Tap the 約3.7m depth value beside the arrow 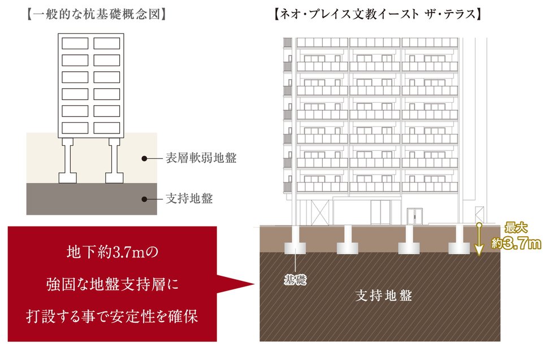pyautogui.click(x=516, y=244)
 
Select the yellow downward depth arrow pyautogui.click(x=479, y=240)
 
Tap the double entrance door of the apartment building pyautogui.click(x=415, y=217)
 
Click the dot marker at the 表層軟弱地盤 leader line pyautogui.click(x=144, y=159)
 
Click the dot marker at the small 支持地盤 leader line pyautogui.click(x=144, y=199)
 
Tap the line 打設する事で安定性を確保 pyautogui.click(x=112, y=316)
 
